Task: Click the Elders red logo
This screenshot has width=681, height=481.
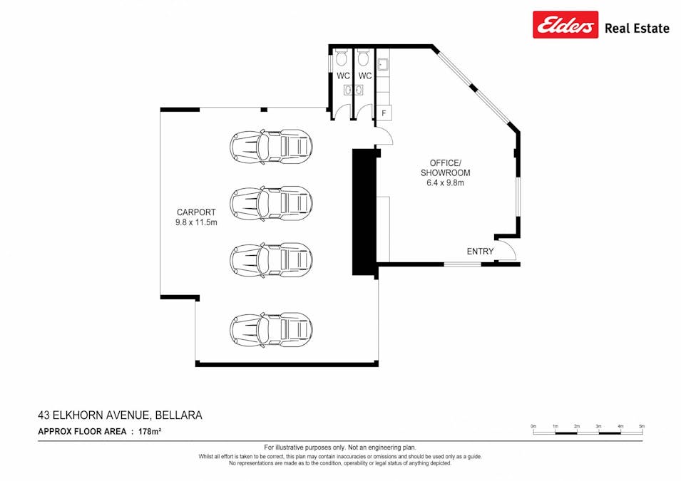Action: click(565, 25)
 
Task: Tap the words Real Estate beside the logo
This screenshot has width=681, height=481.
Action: click(637, 29)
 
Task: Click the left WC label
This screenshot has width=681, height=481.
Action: click(343, 76)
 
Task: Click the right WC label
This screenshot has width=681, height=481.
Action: click(365, 76)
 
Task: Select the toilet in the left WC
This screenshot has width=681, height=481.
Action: click(342, 57)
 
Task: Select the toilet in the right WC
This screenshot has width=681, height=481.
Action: click(363, 57)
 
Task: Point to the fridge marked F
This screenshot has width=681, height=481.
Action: click(384, 113)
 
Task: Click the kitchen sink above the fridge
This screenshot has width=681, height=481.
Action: click(382, 65)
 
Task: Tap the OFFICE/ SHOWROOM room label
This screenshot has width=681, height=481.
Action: click(445, 168)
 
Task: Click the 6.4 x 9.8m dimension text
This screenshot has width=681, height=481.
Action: click(445, 182)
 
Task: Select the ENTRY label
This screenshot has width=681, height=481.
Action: click(480, 252)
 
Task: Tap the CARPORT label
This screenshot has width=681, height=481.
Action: click(196, 212)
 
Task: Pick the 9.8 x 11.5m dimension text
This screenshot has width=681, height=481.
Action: click(196, 223)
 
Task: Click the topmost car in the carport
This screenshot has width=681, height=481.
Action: click(271, 146)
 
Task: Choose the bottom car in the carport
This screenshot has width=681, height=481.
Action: click(271, 329)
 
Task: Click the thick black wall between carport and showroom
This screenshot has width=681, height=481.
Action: click(364, 212)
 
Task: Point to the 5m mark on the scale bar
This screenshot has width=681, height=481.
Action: click(642, 426)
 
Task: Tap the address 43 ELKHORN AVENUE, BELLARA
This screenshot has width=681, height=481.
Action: click(121, 415)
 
